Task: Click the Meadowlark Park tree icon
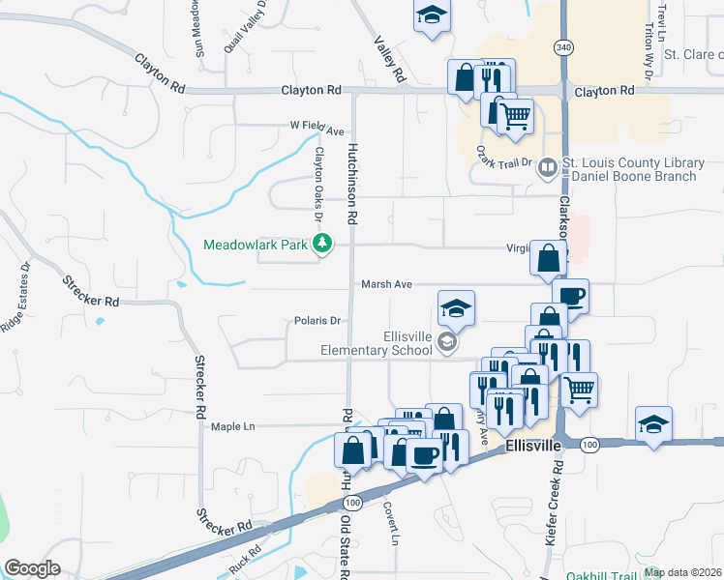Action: [323, 245]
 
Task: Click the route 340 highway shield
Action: [563, 46]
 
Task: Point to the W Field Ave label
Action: [317, 129]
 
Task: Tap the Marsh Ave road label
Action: [386, 284]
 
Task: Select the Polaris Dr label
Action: [318, 320]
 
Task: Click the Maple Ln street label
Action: [232, 426]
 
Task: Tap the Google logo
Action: [32, 567]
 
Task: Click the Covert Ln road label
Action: [390, 523]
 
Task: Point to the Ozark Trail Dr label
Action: [505, 158]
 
